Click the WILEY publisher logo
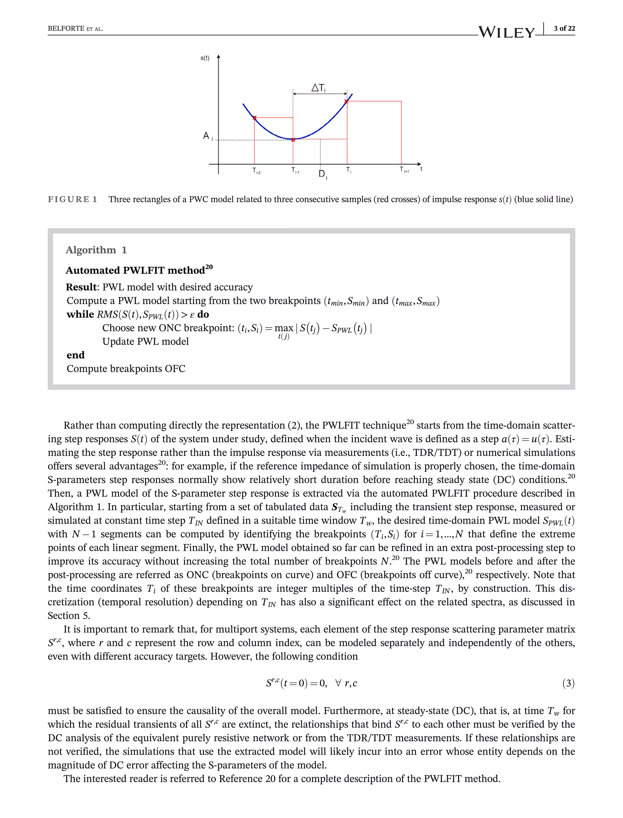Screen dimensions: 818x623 pos(506,32)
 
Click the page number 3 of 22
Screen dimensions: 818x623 pos(564,28)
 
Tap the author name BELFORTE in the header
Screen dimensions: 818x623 pos(66,29)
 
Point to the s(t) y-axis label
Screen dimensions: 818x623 pos(205,58)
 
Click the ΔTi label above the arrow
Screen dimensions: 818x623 pos(318,88)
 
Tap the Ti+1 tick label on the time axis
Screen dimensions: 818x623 pos(404,170)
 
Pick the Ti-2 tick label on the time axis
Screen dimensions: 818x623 pos(256,171)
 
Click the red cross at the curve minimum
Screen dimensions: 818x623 pos(293,140)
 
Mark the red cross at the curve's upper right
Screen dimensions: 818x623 pos(346,101)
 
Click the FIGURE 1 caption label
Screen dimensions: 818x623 pos(72,199)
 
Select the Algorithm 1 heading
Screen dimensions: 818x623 pos(96,250)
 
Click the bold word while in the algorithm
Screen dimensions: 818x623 pos(80,314)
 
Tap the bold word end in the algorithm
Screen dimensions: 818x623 pos(76,355)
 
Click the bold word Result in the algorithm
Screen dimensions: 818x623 pos(81,287)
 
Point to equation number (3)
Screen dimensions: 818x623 pos(568,683)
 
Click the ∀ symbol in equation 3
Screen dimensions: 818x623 pos(338,683)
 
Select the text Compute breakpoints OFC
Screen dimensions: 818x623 pos(126,369)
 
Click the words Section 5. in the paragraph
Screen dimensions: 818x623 pos(69,615)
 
